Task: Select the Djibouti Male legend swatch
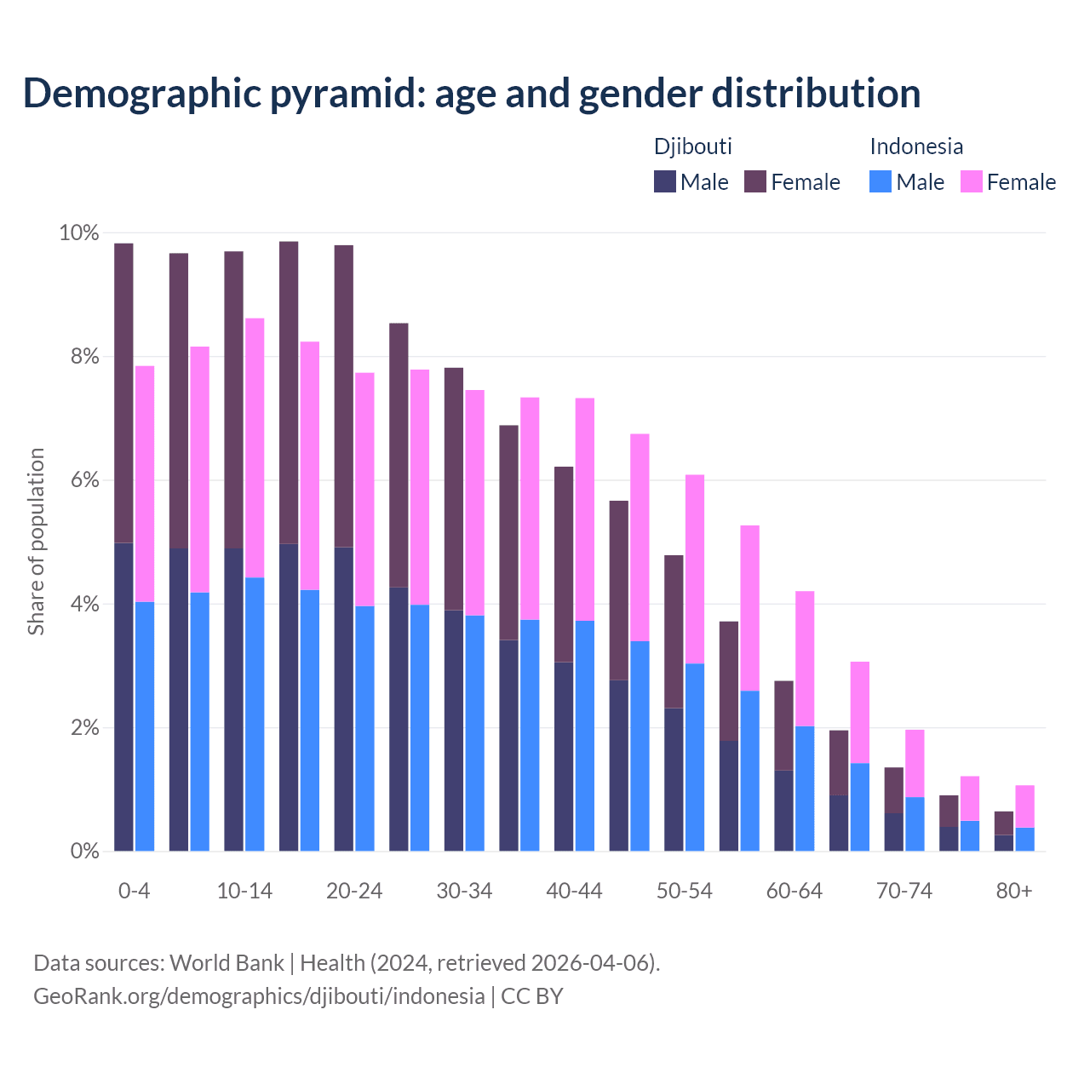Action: [665, 181]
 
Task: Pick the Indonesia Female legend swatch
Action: [972, 181]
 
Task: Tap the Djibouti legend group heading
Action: [693, 146]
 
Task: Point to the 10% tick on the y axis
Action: [79, 233]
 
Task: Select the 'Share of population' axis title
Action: [36, 542]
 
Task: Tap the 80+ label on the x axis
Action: [1013, 892]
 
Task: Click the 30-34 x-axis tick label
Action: [464, 892]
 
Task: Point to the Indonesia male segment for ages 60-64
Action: [805, 789]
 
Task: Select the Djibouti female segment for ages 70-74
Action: [894, 790]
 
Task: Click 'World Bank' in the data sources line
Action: [227, 963]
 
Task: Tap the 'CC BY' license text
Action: [532, 996]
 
